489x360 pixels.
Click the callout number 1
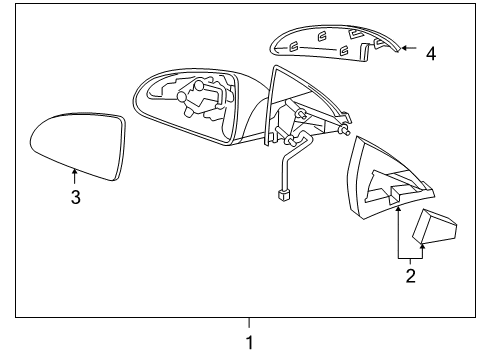coord(250,341)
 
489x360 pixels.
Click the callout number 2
coord(410,276)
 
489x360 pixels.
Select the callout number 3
coord(75,197)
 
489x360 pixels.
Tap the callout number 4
coord(431,54)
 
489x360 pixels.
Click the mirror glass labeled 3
coord(77,146)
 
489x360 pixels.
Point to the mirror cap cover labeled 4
coord(330,42)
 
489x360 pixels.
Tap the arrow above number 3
coord(75,177)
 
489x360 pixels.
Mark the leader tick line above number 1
coord(250,322)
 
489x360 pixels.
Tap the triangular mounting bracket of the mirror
coord(300,110)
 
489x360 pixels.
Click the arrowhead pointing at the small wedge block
coord(422,244)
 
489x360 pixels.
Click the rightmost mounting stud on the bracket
coord(347,129)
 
